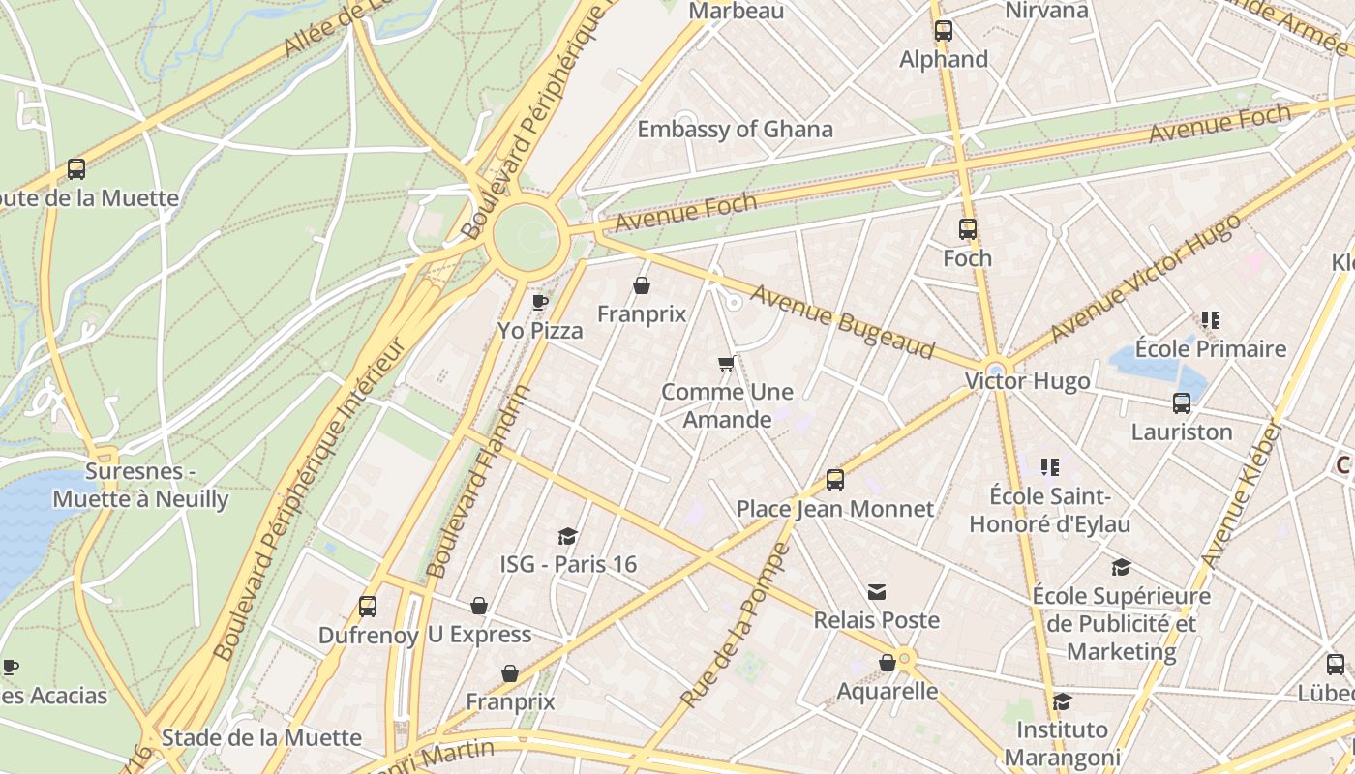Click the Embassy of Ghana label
[735, 130]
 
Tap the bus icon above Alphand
[944, 31]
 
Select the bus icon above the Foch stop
[968, 229]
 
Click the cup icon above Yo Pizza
[540, 303]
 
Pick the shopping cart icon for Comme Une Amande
[727, 364]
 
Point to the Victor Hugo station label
[1027, 381]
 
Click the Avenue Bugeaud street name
[843, 320]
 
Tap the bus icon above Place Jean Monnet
[835, 479]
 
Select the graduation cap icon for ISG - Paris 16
[568, 536]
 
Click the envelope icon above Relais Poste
[877, 591]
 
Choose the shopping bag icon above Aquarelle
[887, 663]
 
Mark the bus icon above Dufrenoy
[368, 607]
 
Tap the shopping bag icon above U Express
[479, 606]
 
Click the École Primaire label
[1211, 348]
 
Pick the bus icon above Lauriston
[1182, 403]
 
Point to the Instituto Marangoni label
[1062, 742]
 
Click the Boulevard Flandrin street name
[478, 481]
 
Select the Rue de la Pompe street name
[736, 625]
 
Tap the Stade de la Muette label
[261, 738]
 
